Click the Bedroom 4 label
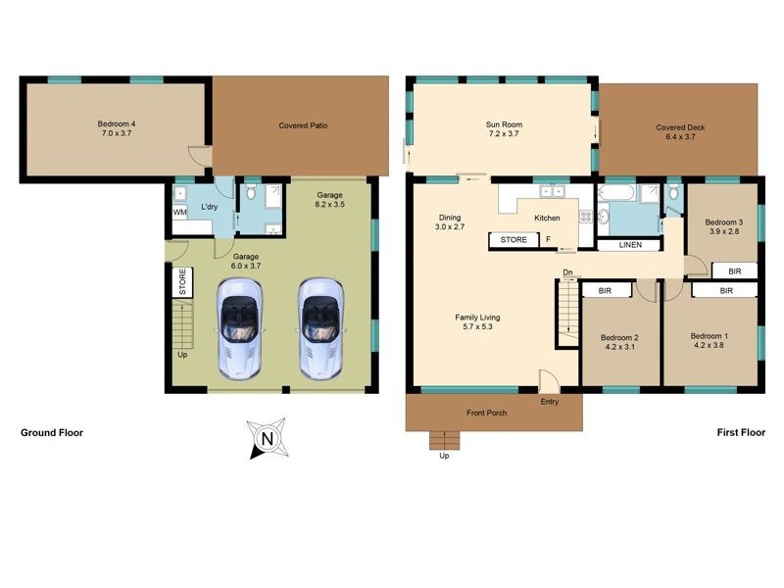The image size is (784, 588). point(117,128)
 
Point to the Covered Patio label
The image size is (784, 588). point(303,126)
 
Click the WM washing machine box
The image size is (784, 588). point(180,212)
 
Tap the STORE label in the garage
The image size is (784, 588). point(182,282)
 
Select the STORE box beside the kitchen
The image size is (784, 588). point(514,239)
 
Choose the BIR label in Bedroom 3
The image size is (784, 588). point(734,269)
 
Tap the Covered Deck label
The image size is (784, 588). point(680,128)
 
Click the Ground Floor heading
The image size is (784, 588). point(52,432)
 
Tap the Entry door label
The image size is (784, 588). point(549,402)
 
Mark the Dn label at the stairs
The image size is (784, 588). point(567,272)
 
